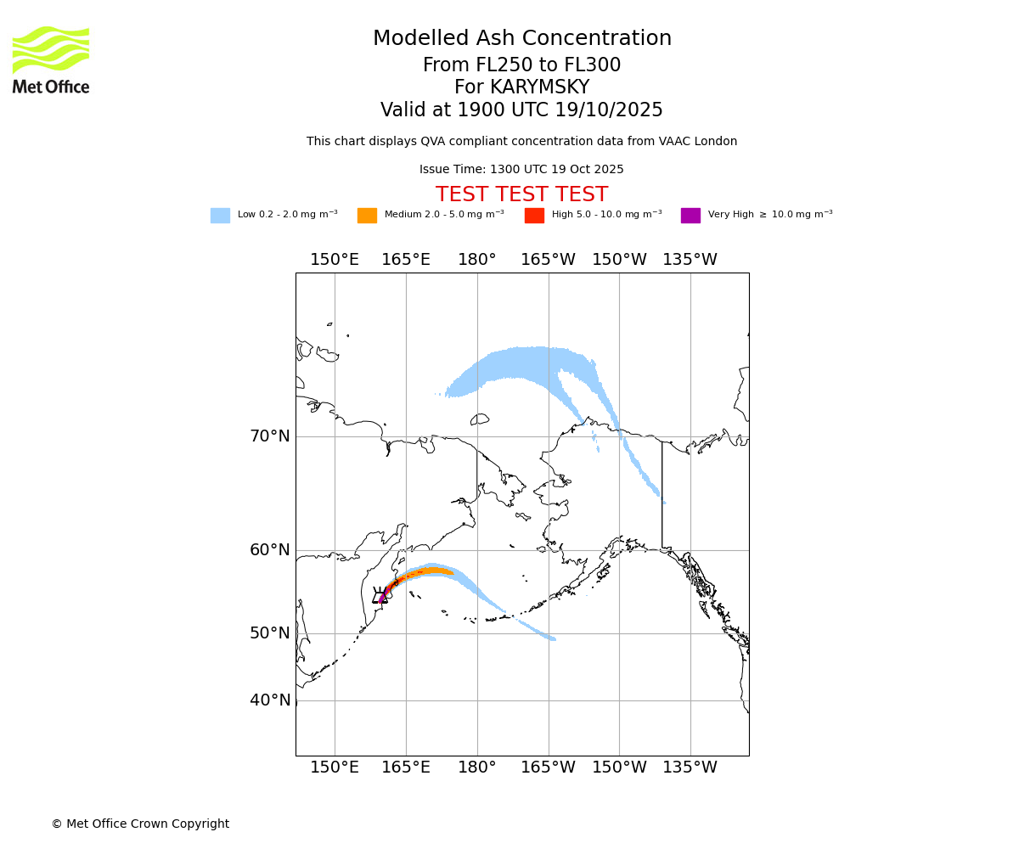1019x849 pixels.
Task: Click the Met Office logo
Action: (51, 59)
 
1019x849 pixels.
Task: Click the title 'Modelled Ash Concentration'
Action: (521, 39)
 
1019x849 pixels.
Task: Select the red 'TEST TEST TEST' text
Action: (521, 195)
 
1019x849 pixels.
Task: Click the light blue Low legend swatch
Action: (220, 216)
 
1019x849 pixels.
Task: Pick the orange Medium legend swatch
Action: (367, 216)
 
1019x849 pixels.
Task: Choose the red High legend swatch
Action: (534, 216)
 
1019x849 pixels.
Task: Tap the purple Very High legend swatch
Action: (690, 216)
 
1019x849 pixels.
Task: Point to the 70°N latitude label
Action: (270, 436)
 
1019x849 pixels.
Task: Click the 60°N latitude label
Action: (270, 550)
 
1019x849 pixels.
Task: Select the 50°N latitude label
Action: (270, 633)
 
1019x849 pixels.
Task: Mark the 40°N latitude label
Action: (270, 700)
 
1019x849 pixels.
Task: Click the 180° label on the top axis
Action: (477, 260)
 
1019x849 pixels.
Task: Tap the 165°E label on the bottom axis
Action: (406, 768)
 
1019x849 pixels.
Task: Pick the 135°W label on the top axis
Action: (690, 260)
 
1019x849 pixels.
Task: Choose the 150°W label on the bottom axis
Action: (619, 768)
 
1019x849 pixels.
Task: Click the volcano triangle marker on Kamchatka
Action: (380, 597)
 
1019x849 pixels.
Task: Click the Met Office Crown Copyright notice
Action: (140, 824)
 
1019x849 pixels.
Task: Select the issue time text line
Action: (521, 170)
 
